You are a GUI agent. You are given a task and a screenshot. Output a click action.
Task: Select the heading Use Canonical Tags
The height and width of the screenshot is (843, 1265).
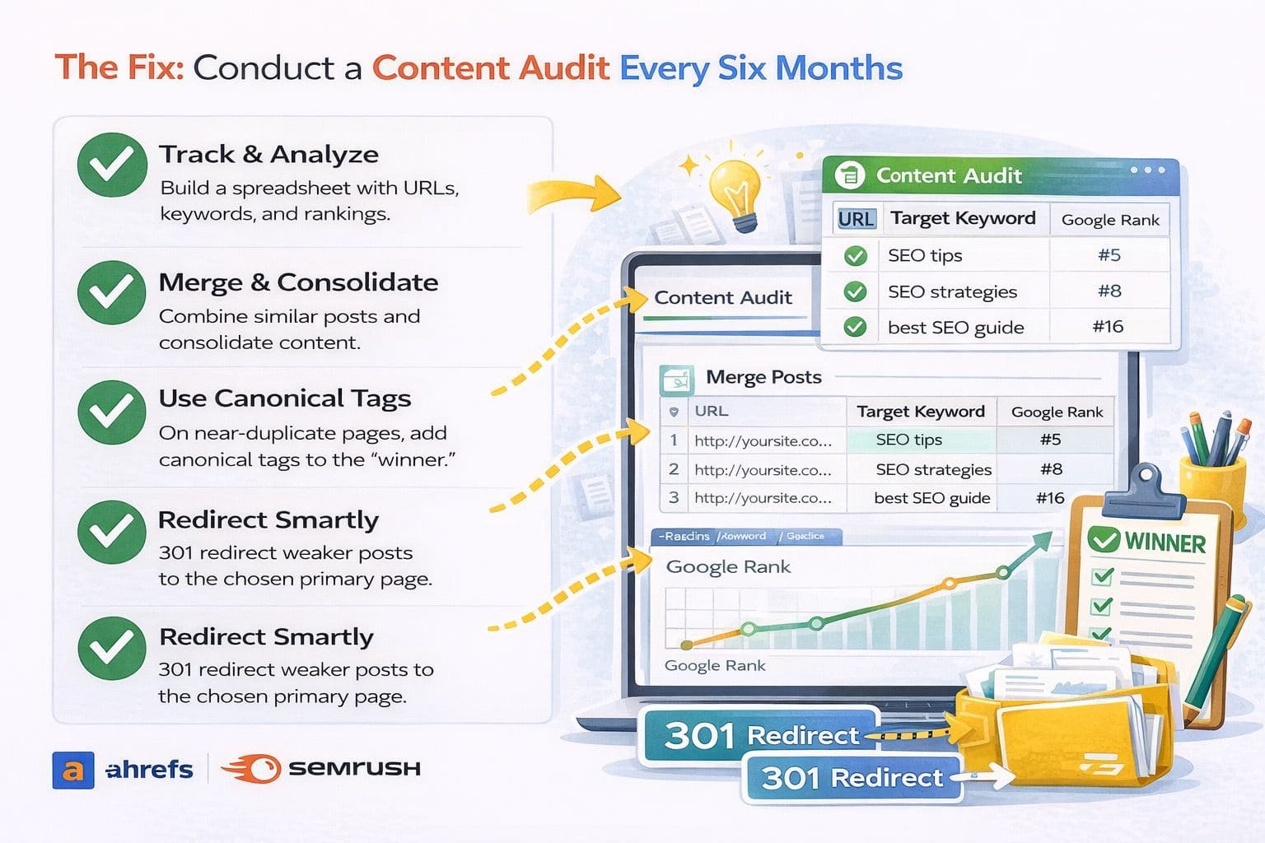tap(284, 398)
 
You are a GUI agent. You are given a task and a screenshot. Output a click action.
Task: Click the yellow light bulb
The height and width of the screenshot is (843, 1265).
tap(736, 191)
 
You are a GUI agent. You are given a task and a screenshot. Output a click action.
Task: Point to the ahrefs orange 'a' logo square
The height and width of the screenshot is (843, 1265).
tap(73, 771)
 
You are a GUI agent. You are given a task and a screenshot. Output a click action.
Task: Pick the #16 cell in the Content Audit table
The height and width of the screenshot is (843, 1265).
tap(1108, 327)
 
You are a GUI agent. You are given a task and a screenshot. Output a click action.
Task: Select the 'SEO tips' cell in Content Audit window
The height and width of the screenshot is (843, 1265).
tap(925, 255)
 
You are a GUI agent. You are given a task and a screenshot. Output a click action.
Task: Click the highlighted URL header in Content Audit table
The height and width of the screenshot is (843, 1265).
tap(856, 219)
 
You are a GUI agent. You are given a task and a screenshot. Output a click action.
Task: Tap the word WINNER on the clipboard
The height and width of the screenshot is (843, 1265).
tap(1165, 543)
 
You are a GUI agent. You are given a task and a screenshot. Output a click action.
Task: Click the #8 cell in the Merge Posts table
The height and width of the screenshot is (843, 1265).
tap(1051, 469)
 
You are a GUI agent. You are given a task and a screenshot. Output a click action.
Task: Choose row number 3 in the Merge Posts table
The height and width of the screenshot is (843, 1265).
tap(674, 498)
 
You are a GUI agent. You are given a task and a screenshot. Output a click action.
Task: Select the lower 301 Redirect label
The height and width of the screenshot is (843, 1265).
tap(852, 778)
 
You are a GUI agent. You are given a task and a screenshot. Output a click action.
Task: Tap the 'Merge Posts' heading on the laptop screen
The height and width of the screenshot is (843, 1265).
tap(763, 377)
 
